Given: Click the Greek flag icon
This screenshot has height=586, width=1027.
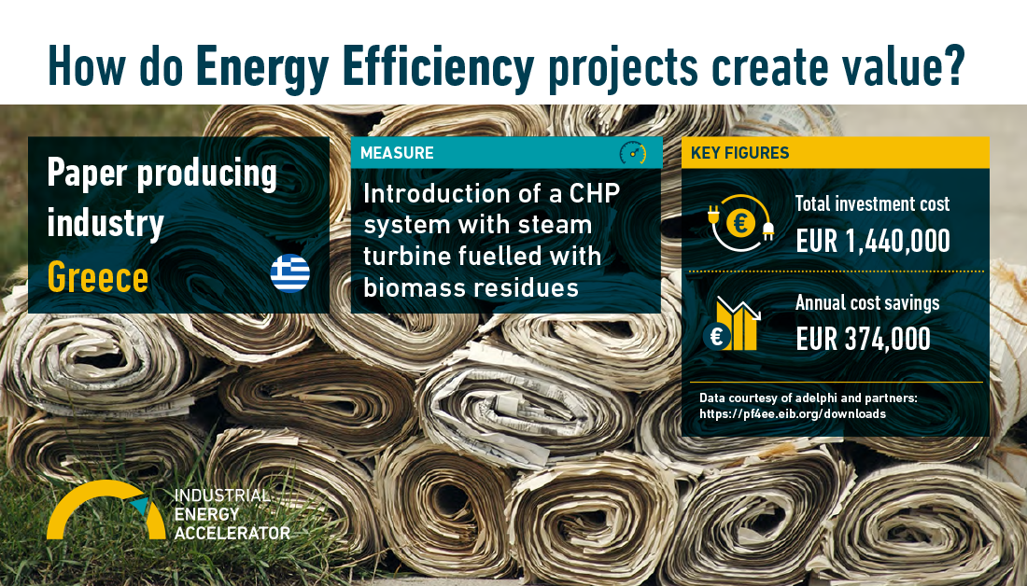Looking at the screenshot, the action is pyautogui.click(x=290, y=273).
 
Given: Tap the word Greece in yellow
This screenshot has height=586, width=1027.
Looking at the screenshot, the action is pyautogui.click(x=98, y=277).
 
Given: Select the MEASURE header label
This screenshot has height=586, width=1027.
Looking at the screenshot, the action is pyautogui.click(x=397, y=152).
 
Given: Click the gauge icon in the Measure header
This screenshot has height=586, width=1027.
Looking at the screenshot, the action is pyautogui.click(x=633, y=152).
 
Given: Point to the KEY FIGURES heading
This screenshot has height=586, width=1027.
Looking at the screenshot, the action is pyautogui.click(x=740, y=152).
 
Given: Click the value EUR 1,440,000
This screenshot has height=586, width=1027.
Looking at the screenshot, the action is pyautogui.click(x=873, y=241).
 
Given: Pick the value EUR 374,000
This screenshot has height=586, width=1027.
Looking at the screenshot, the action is pyautogui.click(x=864, y=339).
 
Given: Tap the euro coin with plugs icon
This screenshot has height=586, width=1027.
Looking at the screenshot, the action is pyautogui.click(x=740, y=223).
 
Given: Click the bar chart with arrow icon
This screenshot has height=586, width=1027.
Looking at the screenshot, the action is pyautogui.click(x=732, y=324).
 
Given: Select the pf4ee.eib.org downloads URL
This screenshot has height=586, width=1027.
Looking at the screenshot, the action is pyautogui.click(x=793, y=413).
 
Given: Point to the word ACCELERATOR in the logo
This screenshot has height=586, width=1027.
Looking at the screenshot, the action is pyautogui.click(x=232, y=532).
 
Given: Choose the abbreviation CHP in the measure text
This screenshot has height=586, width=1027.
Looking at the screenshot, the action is pyautogui.click(x=595, y=194).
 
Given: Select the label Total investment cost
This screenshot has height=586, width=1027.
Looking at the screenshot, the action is pyautogui.click(x=872, y=203).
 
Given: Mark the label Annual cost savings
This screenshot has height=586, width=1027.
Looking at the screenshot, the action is pyautogui.click(x=867, y=302).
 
